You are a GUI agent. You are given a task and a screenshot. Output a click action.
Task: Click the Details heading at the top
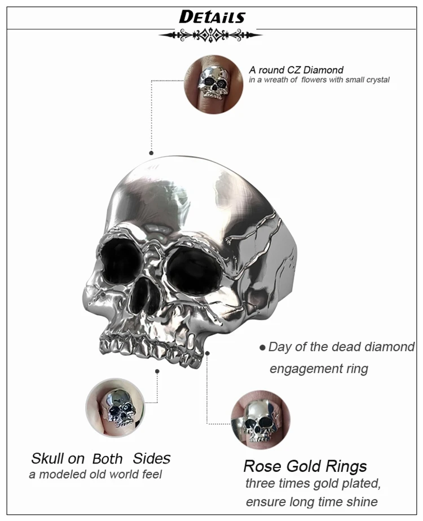tap(212, 17)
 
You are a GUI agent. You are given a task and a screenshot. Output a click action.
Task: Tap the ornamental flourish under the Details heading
tap(210, 35)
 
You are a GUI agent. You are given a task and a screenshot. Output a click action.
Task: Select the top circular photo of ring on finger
tap(214, 85)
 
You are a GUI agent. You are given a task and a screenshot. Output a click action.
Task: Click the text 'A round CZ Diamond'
tap(296, 70)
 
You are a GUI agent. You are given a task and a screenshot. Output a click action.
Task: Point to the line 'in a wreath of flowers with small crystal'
tap(319, 80)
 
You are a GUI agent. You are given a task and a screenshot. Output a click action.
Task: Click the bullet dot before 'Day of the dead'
tap(262, 348)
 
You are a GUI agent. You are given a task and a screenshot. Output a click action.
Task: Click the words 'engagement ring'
tap(319, 369)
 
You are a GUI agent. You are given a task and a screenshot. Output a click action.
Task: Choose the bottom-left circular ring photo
tap(115, 408)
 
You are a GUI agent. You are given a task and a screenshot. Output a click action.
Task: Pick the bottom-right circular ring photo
tap(261, 420)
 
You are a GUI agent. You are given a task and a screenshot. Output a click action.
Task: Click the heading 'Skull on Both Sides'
tap(101, 458)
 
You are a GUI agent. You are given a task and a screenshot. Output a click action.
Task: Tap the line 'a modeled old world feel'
tap(95, 474)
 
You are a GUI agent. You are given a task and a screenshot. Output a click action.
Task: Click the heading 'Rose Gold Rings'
tap(305, 466)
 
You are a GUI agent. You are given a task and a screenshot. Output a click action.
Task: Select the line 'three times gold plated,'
tap(313, 483)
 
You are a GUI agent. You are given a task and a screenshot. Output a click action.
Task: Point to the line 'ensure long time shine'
tap(312, 501)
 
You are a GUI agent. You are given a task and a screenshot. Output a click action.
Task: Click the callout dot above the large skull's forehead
tap(151, 153)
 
